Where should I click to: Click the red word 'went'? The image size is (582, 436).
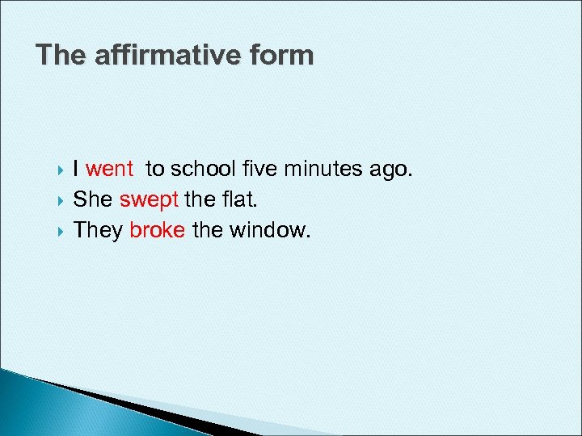coord(109,170)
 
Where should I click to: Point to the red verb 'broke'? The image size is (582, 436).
coord(158,230)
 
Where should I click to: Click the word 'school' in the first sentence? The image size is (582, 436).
coord(205,170)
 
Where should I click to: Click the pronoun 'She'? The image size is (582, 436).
coord(94,200)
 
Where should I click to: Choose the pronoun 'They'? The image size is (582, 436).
coord(98,230)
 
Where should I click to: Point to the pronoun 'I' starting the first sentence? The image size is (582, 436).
coord(76,170)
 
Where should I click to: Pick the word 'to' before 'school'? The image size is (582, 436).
coord(154,170)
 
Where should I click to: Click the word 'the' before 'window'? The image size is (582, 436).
coord(208,230)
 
